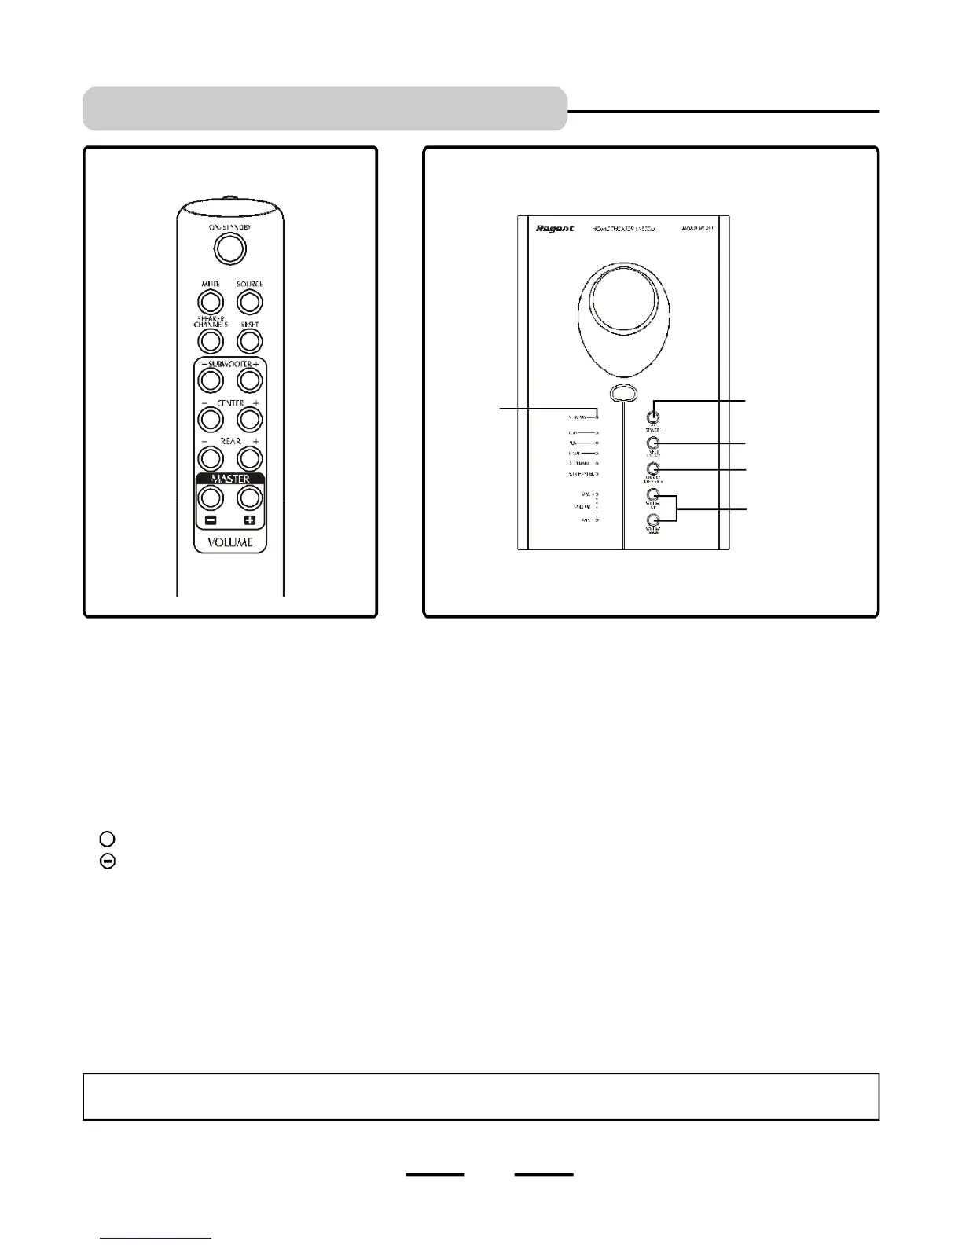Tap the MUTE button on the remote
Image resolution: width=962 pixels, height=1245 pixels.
pos(210,302)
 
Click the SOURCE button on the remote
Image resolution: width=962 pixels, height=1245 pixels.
pos(249,302)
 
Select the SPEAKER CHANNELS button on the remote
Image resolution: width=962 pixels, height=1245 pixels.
pos(210,341)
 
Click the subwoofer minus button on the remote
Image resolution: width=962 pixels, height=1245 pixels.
pos(210,380)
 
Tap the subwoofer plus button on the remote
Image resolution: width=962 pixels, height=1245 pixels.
pos(249,380)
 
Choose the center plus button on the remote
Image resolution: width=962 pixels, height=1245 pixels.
pos(249,419)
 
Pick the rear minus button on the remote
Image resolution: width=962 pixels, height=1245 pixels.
pos(210,457)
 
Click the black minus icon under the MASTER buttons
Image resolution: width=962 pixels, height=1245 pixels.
pos(210,520)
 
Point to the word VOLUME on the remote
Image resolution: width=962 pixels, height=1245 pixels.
pos(230,542)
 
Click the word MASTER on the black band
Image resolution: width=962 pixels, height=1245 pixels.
pos(230,479)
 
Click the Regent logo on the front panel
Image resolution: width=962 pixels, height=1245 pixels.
pos(555,229)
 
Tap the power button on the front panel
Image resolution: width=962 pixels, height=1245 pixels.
pos(652,417)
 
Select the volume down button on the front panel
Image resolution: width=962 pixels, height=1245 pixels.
pos(652,520)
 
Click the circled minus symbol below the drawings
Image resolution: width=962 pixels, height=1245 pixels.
pos(108,861)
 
